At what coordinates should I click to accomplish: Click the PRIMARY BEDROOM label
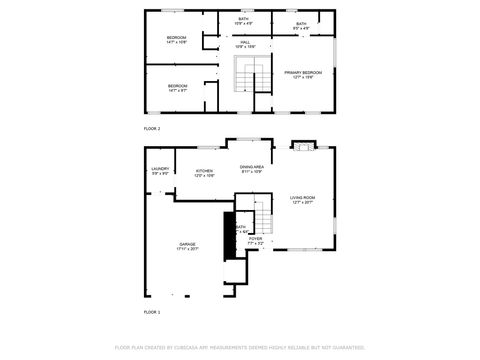[302, 75]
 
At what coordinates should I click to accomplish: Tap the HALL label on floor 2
[245, 44]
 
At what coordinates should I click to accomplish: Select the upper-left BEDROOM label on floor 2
[177, 40]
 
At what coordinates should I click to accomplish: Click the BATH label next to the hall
[243, 20]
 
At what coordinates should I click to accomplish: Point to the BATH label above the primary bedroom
[302, 25]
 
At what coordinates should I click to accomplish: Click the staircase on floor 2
[247, 76]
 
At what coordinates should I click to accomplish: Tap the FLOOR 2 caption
[152, 129]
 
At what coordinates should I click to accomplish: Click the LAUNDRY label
[160, 171]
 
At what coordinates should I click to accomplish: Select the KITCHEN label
[204, 173]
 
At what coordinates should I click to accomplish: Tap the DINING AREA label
[251, 168]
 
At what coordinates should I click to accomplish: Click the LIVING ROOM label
[303, 200]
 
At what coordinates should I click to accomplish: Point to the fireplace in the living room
[302, 147]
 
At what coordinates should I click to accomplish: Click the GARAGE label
[187, 245]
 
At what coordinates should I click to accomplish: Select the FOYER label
[256, 240]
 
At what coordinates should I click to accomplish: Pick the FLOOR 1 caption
[152, 313]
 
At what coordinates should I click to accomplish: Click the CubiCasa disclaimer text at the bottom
[240, 347]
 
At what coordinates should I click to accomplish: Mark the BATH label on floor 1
[240, 229]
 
